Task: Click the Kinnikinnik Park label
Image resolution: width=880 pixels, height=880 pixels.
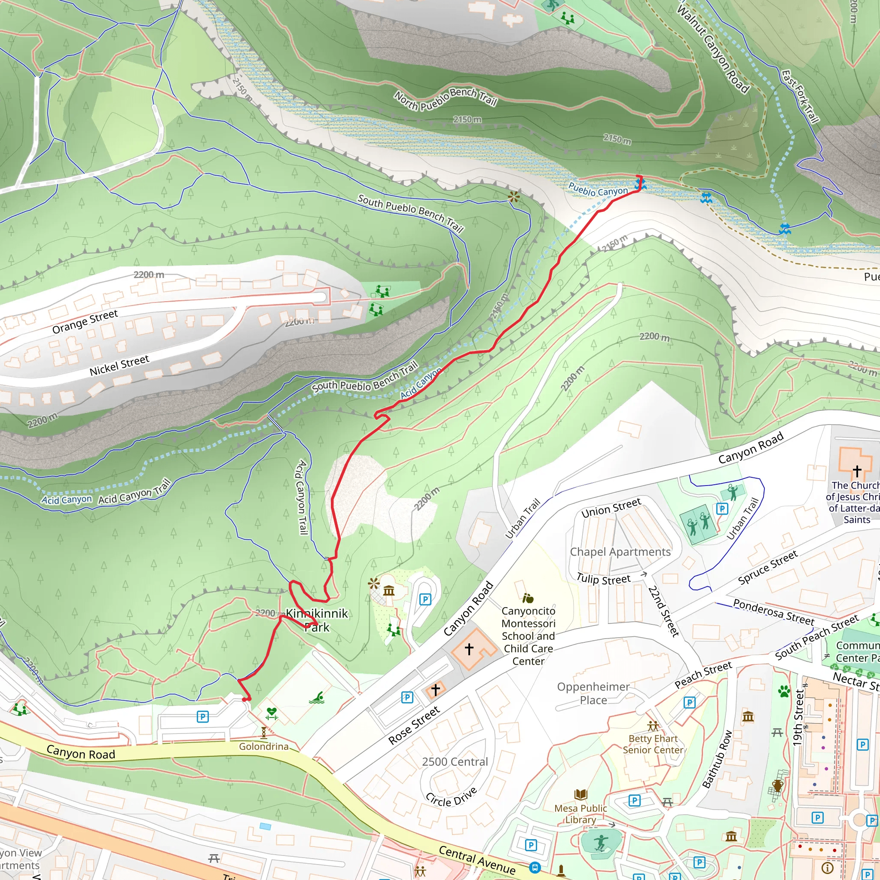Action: click(x=317, y=620)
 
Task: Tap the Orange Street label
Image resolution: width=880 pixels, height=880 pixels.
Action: click(x=85, y=322)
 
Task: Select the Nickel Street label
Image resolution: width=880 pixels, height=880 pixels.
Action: click(x=119, y=366)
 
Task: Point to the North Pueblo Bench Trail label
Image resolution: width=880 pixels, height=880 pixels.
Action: click(x=446, y=99)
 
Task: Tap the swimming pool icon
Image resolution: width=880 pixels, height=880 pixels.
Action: click(x=317, y=698)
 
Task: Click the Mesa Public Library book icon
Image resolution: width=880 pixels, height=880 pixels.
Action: click(x=581, y=795)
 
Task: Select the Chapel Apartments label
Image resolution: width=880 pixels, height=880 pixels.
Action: click(x=620, y=552)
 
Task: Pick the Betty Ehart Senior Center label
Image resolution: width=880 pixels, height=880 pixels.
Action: click(x=653, y=744)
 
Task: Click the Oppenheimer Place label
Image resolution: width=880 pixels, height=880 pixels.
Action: click(x=593, y=693)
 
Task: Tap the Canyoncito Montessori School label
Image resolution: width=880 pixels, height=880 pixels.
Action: click(x=529, y=636)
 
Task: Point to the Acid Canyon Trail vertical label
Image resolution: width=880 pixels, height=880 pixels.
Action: click(x=302, y=498)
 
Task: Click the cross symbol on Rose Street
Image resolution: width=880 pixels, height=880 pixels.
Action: click(x=435, y=690)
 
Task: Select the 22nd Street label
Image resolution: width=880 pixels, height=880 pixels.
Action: click(x=663, y=611)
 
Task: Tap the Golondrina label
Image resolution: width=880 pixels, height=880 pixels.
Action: click(x=264, y=746)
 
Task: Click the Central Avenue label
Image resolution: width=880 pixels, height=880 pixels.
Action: click(x=477, y=860)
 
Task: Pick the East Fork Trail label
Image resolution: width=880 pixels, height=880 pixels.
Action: click(x=800, y=96)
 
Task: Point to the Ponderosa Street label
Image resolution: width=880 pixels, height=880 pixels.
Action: click(x=773, y=612)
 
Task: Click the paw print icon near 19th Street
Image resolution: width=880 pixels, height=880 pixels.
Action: click(x=784, y=692)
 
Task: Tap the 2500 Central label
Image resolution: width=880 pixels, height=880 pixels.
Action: click(x=455, y=762)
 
